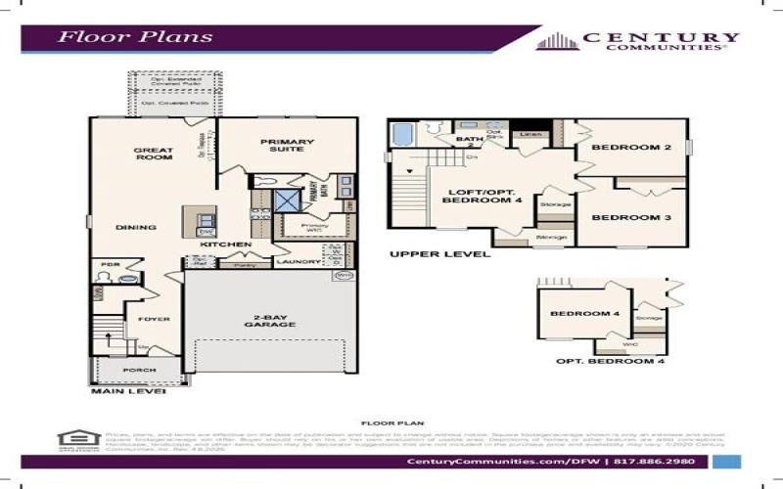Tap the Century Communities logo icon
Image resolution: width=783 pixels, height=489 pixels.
point(557,41)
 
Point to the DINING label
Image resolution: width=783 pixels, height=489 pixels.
point(136,228)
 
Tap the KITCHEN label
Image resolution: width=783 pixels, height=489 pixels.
point(226,244)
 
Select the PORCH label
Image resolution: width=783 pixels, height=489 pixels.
point(138,372)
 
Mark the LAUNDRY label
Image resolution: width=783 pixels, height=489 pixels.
point(298,262)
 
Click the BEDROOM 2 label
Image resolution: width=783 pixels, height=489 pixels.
point(630,148)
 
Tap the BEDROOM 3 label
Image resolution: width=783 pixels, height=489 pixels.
point(630,217)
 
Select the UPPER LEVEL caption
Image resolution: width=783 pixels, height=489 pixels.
point(439,254)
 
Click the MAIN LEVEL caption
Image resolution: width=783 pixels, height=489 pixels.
point(127,392)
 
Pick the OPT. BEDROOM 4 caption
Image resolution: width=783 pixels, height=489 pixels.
point(610,362)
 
